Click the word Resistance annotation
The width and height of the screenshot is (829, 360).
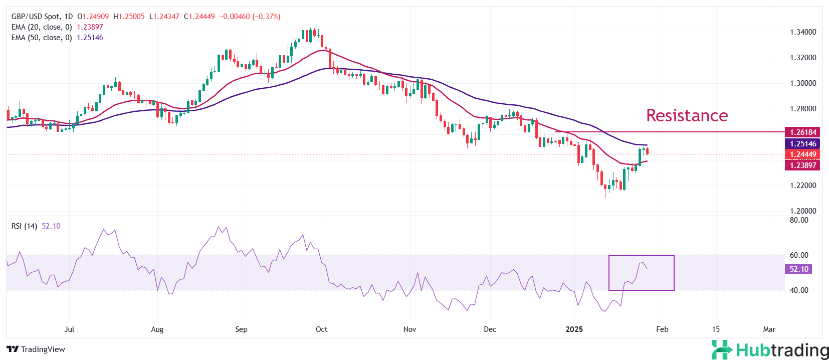pos(687,115)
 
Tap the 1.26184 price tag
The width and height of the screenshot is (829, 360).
pos(802,132)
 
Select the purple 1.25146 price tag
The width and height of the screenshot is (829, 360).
pos(802,144)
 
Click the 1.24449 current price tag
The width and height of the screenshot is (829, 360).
pos(802,154)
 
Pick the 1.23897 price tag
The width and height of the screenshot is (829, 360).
pos(802,165)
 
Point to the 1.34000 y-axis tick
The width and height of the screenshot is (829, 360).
pos(803,32)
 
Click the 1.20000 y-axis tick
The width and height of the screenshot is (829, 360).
pos(803,211)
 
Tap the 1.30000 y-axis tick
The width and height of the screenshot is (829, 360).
pos(803,83)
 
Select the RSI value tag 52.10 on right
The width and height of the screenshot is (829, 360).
pos(798,269)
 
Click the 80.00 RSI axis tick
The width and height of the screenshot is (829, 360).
pos(799,220)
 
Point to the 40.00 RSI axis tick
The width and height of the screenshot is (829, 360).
pos(799,290)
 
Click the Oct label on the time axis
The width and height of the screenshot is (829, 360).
pos(321,329)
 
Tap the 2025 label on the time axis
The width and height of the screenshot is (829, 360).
pos(574,329)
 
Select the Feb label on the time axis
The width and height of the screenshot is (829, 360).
pos(662,329)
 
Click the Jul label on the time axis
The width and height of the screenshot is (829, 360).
pos(69,329)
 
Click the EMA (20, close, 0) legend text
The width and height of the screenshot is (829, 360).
pos(42,27)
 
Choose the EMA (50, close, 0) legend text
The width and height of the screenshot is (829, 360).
pos(42,38)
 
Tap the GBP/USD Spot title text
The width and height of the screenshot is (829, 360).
pos(35,17)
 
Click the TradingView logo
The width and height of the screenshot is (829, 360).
pos(36,349)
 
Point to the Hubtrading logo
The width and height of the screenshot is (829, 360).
pos(770,350)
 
